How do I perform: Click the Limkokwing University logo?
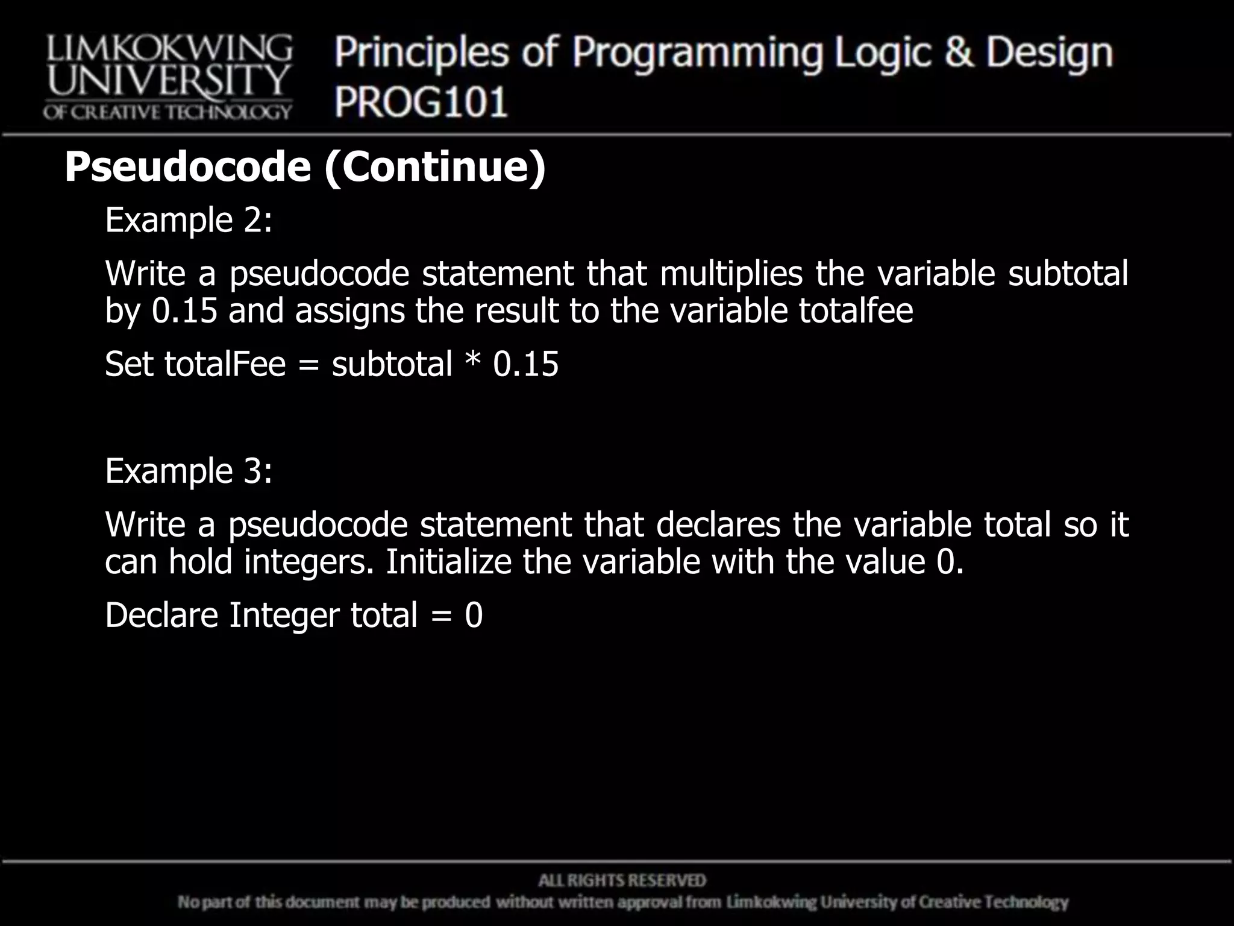tap(168, 77)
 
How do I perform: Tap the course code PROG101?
tap(421, 101)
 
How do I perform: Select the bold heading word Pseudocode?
tap(188, 167)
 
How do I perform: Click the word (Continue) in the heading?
tap(434, 167)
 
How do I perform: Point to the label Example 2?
tap(189, 220)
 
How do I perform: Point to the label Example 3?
tap(189, 471)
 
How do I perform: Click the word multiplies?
tap(731, 273)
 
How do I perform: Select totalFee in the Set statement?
tap(225, 364)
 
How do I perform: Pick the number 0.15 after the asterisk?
tap(525, 364)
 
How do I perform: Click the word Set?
tap(129, 364)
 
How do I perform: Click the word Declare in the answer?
tap(161, 616)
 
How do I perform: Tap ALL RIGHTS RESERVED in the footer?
tap(622, 881)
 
